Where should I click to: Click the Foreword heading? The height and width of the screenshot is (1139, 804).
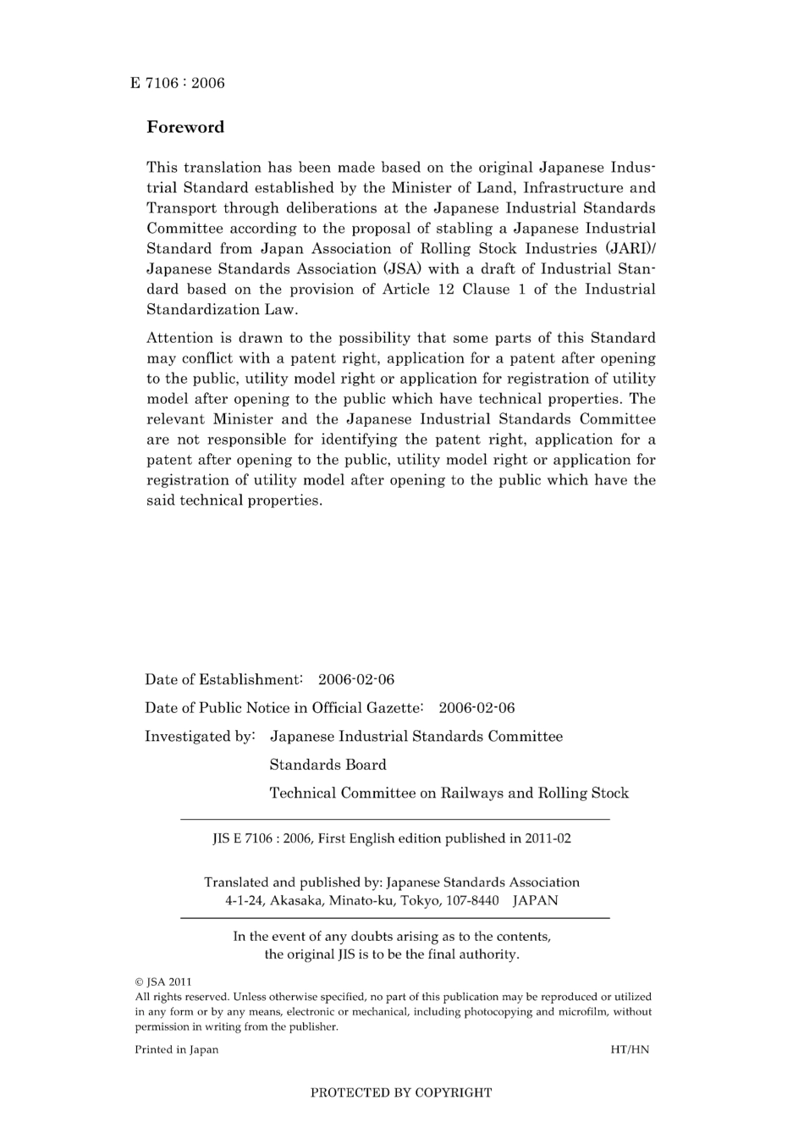pyautogui.click(x=185, y=127)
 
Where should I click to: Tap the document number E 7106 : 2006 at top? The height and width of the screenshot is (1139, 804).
pyautogui.click(x=178, y=83)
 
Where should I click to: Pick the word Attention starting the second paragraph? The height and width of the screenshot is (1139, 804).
pyautogui.click(x=178, y=338)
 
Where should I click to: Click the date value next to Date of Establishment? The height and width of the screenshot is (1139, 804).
pyautogui.click(x=356, y=679)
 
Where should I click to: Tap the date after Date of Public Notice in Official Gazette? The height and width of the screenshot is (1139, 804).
pyautogui.click(x=476, y=708)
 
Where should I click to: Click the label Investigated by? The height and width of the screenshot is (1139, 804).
pyautogui.click(x=200, y=736)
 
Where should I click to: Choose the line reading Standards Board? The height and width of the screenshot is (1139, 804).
pyautogui.click(x=328, y=765)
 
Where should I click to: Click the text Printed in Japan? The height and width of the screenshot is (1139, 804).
pyautogui.click(x=177, y=1049)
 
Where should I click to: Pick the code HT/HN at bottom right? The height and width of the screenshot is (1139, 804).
pyautogui.click(x=630, y=1049)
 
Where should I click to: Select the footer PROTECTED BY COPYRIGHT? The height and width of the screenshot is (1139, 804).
pyautogui.click(x=401, y=1092)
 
